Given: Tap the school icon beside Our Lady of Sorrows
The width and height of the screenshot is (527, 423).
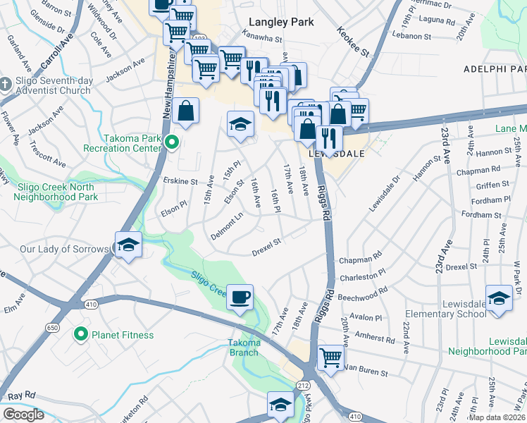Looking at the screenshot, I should [128, 245].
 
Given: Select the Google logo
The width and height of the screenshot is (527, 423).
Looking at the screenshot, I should [23, 415].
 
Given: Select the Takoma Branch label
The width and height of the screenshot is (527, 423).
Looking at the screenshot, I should [244, 348].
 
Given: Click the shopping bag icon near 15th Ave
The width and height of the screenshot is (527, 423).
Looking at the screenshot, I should [185, 111].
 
